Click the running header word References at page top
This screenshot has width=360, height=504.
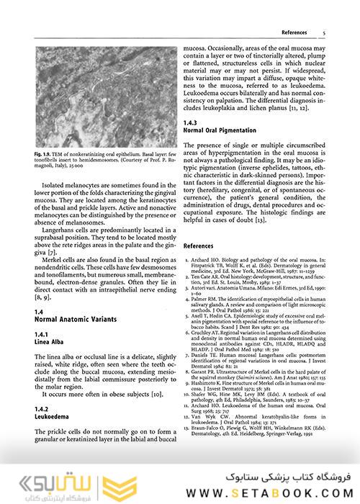[x=295, y=32]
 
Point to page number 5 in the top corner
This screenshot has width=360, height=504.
[x=325, y=32]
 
